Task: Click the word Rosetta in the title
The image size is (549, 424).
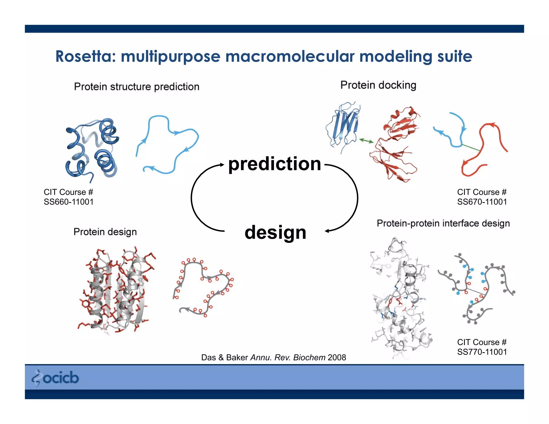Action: (85, 57)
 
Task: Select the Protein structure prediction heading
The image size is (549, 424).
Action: (137, 87)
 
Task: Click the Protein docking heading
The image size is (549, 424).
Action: (378, 85)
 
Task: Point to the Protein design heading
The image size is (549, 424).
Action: (105, 232)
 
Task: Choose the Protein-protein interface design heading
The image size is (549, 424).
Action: (443, 223)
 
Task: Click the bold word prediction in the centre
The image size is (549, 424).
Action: (275, 164)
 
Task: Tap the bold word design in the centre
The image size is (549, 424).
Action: (275, 232)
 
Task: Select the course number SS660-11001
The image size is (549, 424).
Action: (69, 202)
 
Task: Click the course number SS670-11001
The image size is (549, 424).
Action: (482, 202)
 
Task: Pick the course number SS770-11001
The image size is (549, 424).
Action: (482, 352)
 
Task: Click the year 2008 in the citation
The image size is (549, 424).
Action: (337, 358)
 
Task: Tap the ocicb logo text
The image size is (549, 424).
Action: (61, 378)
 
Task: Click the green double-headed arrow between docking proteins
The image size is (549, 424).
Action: (366, 140)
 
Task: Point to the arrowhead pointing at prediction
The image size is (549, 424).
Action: (222, 165)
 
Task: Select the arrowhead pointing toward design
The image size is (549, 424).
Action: (327, 231)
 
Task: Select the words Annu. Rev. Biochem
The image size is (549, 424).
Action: (288, 358)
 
